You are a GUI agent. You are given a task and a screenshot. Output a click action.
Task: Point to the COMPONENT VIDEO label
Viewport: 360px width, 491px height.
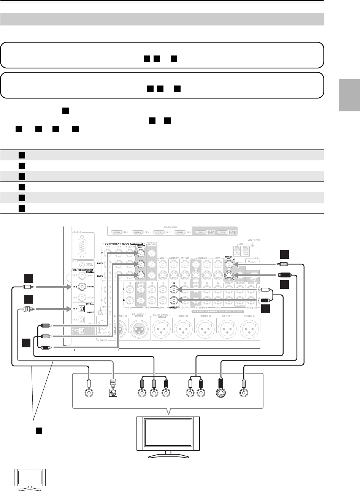(116, 243)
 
